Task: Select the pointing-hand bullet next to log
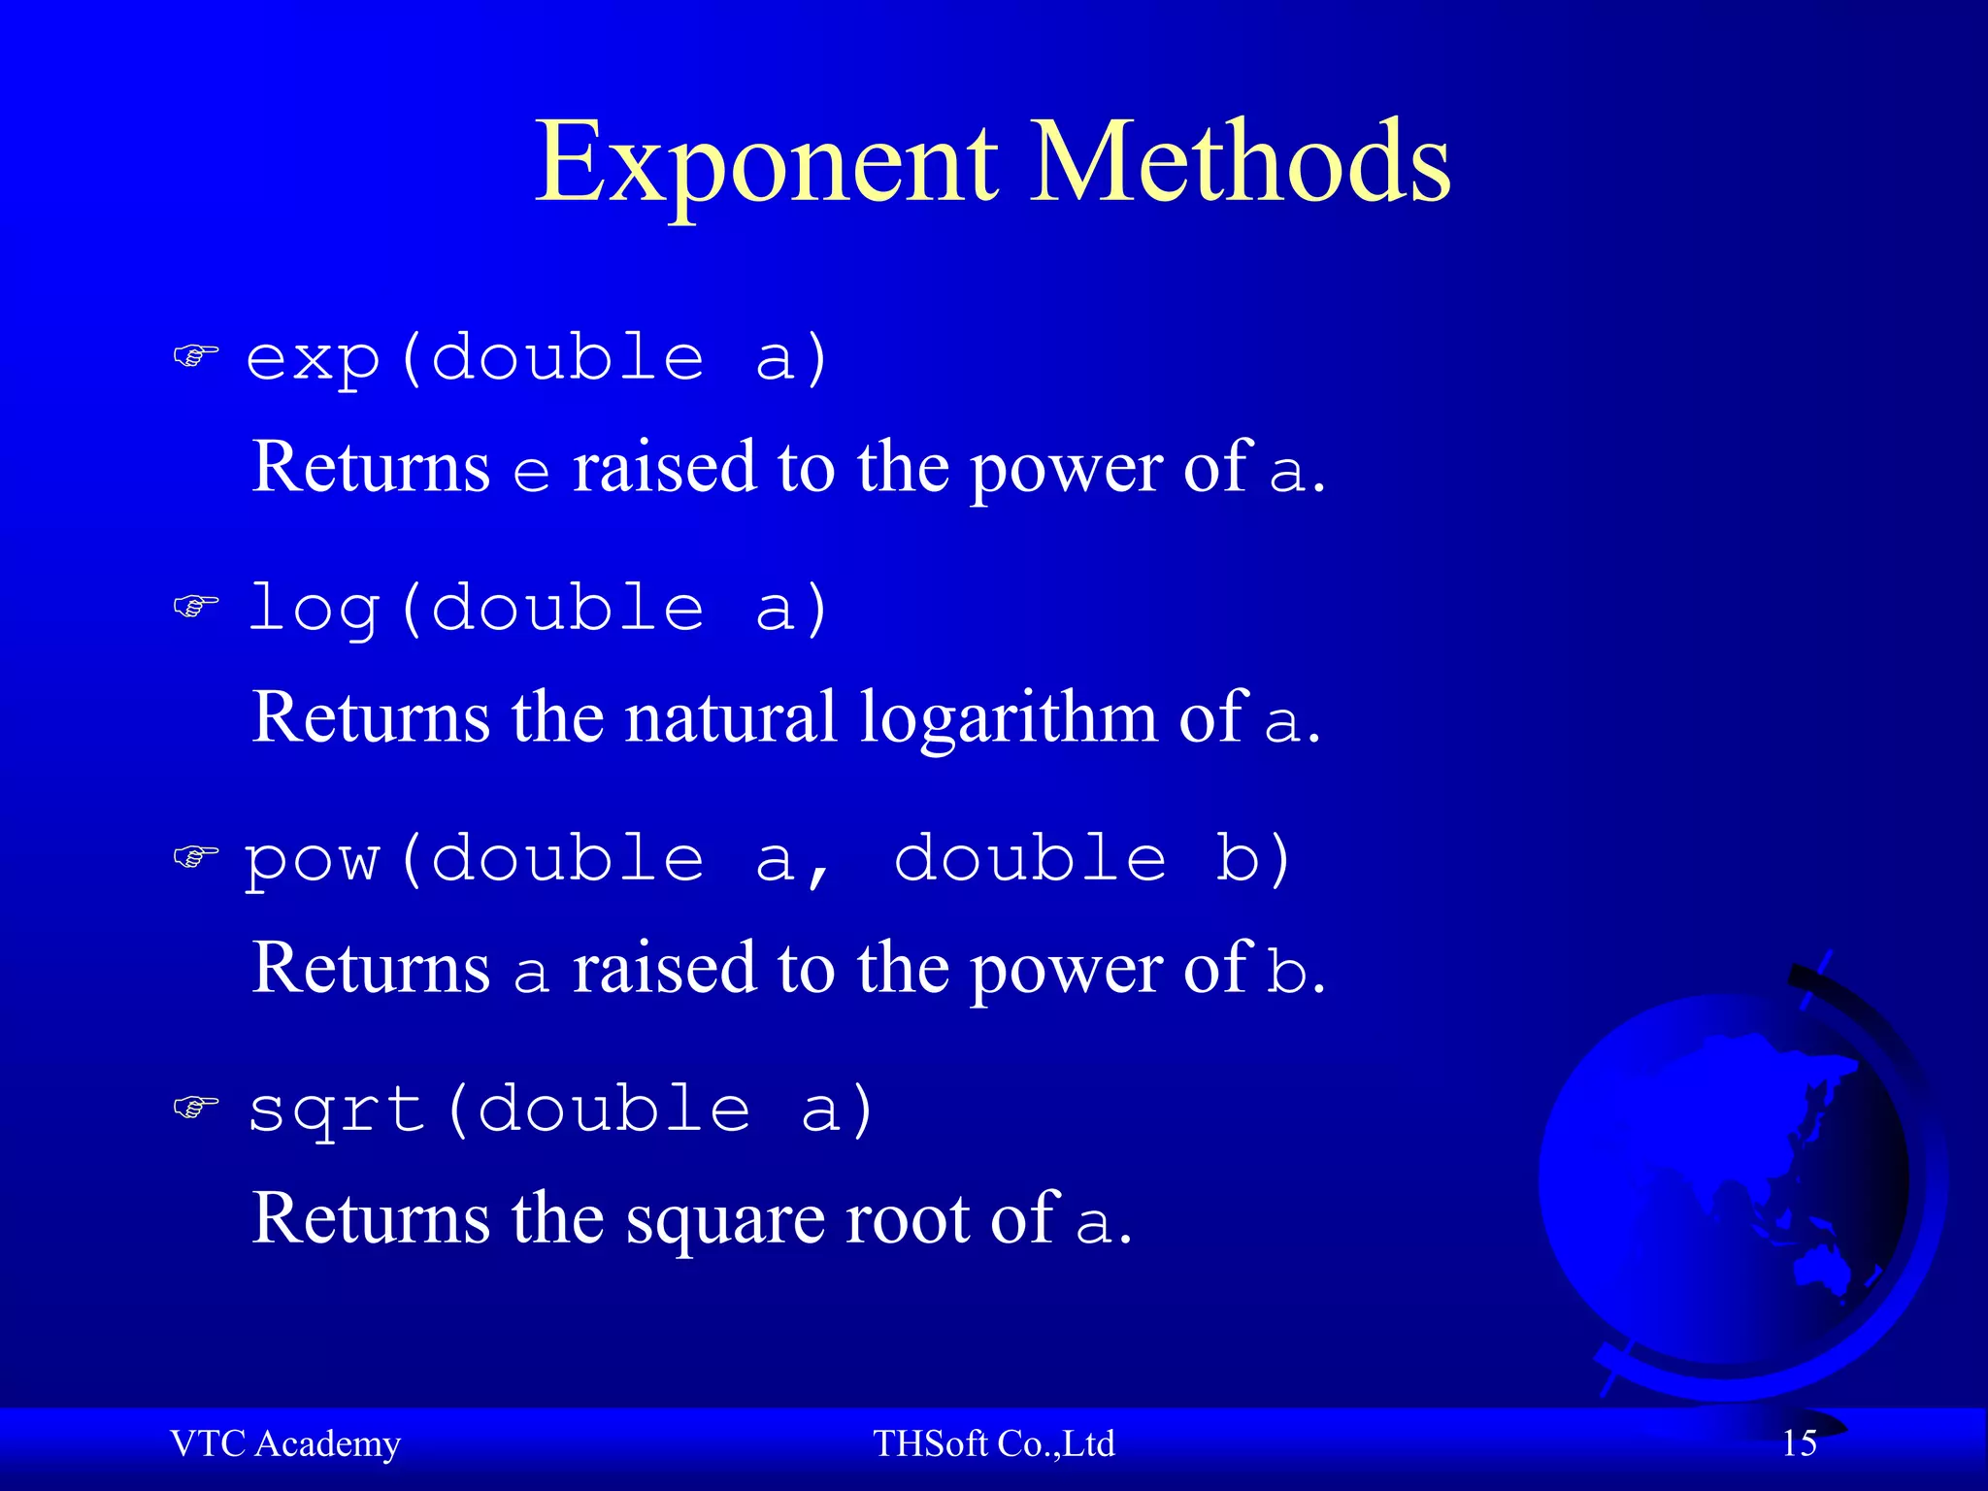tap(195, 607)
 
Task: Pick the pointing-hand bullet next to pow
tap(195, 856)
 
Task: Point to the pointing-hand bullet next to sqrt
tap(195, 1107)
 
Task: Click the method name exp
tap(313, 359)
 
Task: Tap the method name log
tap(313, 610)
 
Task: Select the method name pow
tap(313, 860)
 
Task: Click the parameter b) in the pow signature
tap(1252, 858)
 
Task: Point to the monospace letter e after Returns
tap(531, 473)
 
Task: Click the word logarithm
tap(1009, 718)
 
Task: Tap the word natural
tap(730, 718)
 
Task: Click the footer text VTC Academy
tap(285, 1443)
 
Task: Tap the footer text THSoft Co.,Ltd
tap(994, 1443)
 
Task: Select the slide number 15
tap(1799, 1443)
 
